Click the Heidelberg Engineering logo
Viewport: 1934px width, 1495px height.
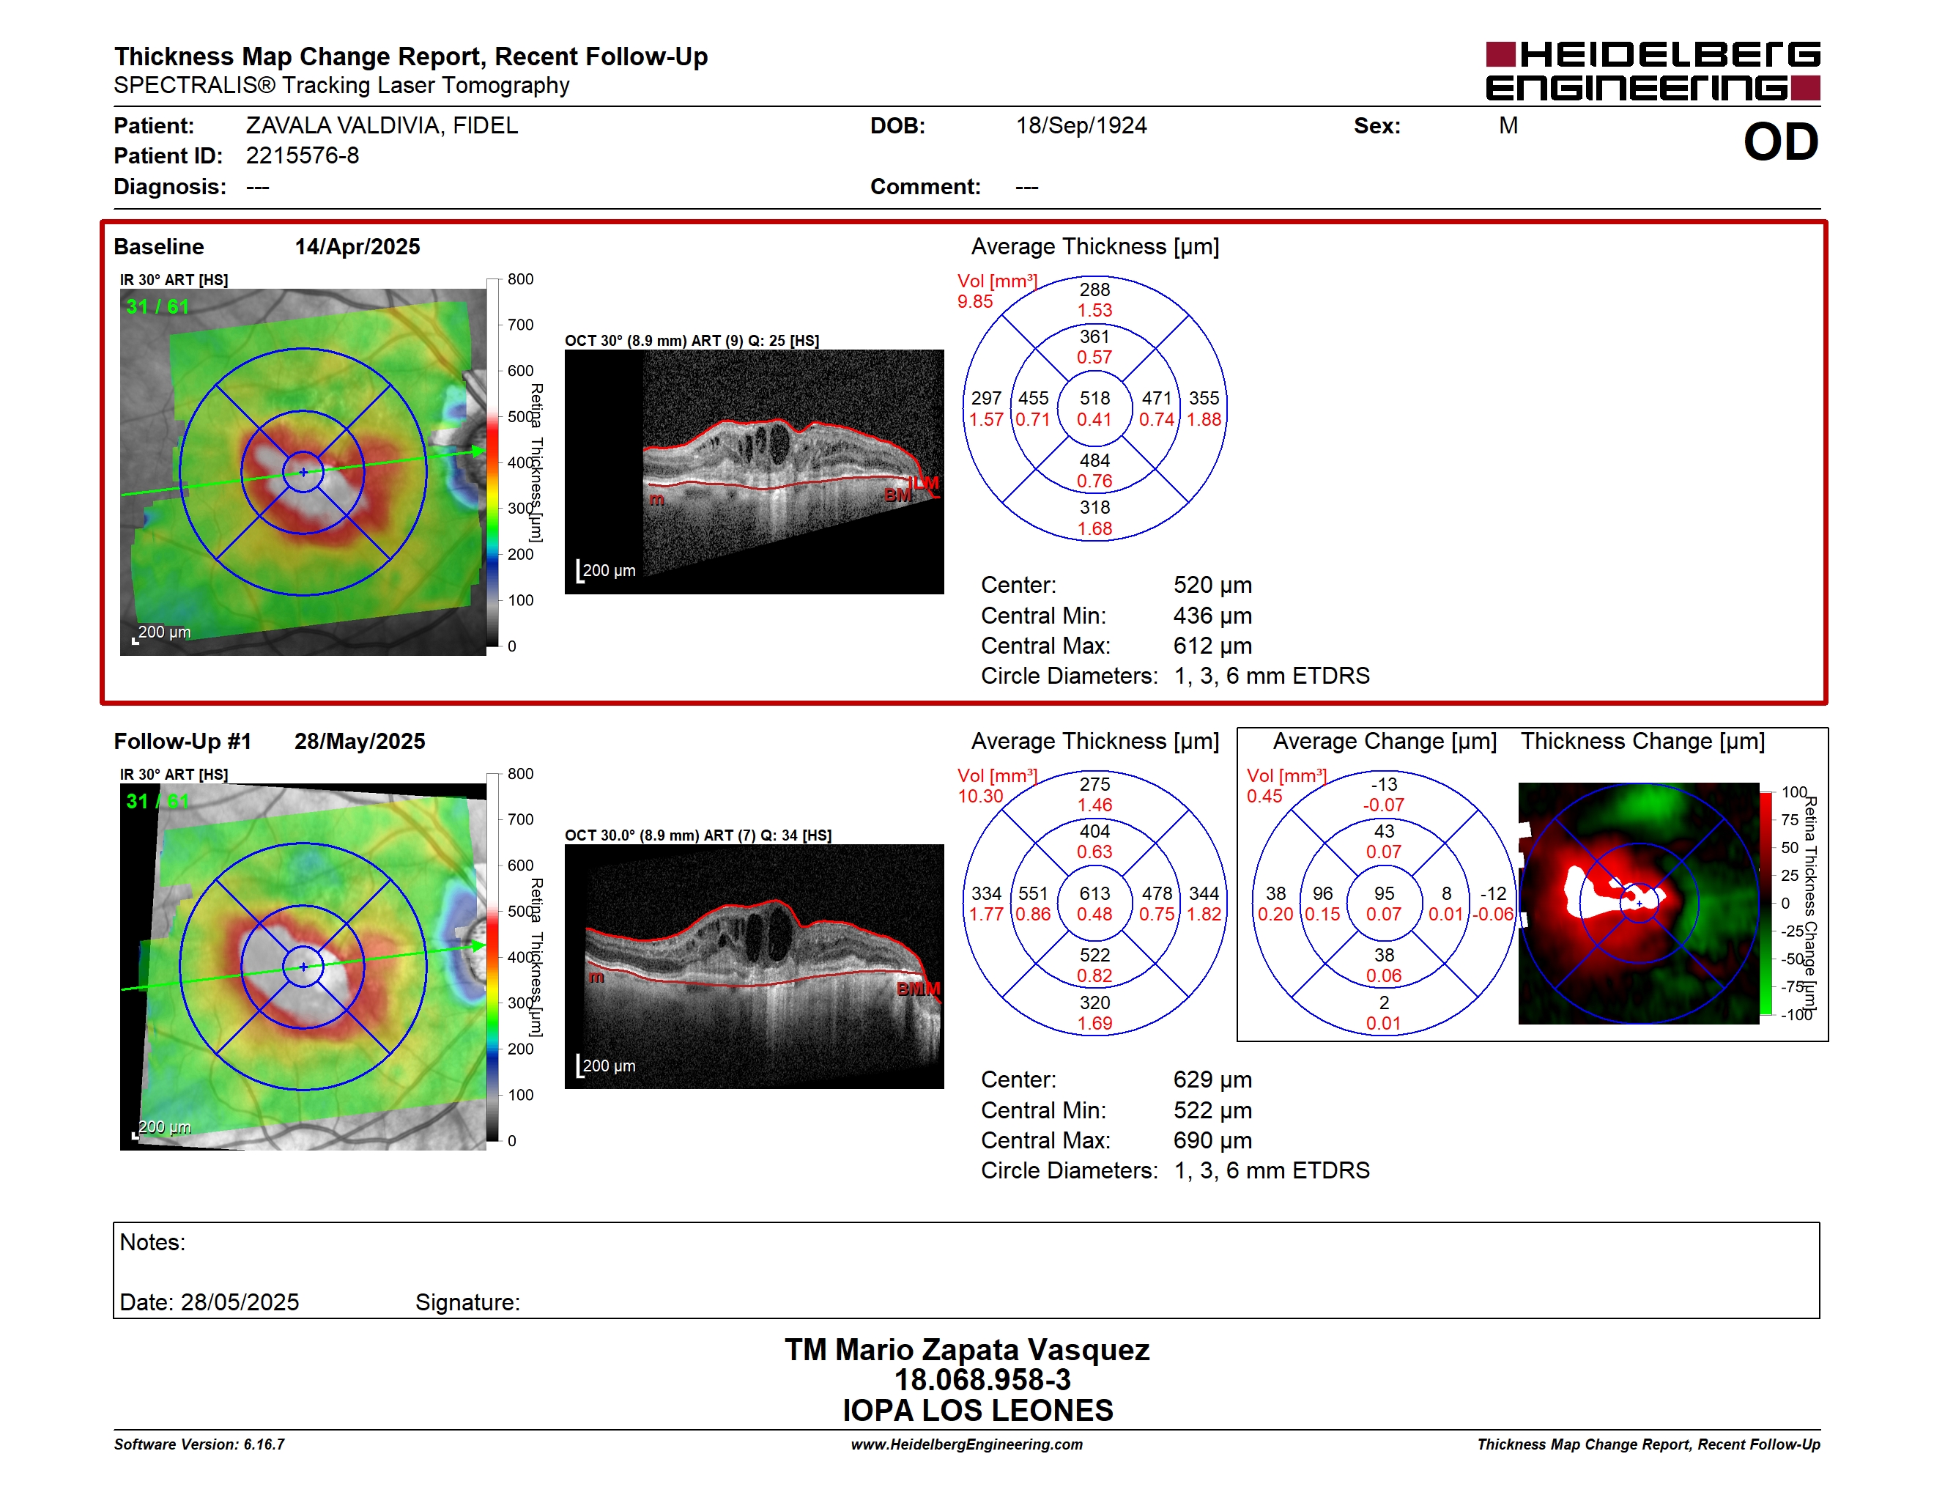(x=1653, y=71)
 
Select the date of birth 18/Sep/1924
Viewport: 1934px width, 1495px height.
(x=1081, y=126)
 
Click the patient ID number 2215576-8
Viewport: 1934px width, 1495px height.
(x=302, y=156)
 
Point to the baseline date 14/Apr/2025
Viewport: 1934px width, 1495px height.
(x=357, y=246)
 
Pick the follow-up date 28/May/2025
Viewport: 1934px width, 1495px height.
(x=360, y=742)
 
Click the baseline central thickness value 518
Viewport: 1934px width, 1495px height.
(x=1094, y=399)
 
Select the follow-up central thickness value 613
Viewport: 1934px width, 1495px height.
(x=1094, y=893)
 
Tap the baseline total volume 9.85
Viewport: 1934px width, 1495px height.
(x=975, y=301)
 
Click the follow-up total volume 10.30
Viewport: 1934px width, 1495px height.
(x=980, y=796)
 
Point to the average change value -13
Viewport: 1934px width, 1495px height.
(x=1383, y=785)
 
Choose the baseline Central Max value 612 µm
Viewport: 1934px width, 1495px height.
(x=1212, y=646)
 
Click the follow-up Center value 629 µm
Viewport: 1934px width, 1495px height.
(x=1212, y=1079)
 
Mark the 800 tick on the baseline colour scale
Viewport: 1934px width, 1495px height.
(x=521, y=279)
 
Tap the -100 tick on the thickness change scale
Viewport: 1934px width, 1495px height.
(x=1797, y=1015)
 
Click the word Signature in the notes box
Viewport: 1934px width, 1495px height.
(x=467, y=1303)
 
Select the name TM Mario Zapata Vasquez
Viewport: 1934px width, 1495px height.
(x=967, y=1350)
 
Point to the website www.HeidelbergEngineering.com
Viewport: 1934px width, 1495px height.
(x=967, y=1444)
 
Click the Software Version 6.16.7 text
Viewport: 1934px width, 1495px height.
(x=199, y=1444)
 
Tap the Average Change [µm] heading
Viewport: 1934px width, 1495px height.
(x=1385, y=742)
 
